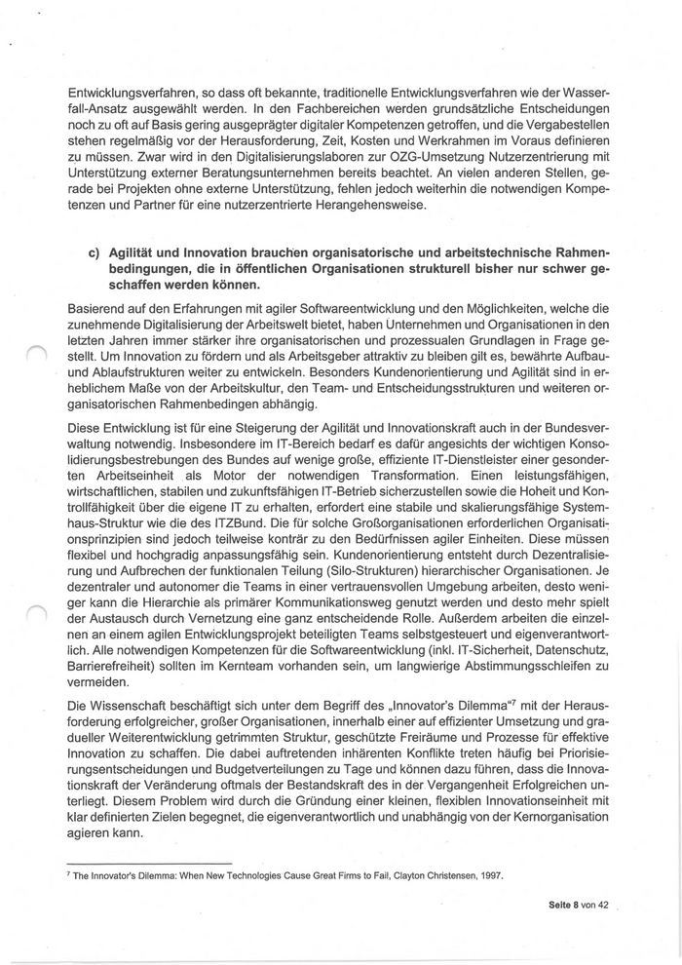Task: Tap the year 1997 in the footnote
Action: [489, 874]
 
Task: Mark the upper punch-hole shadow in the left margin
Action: [35, 363]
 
